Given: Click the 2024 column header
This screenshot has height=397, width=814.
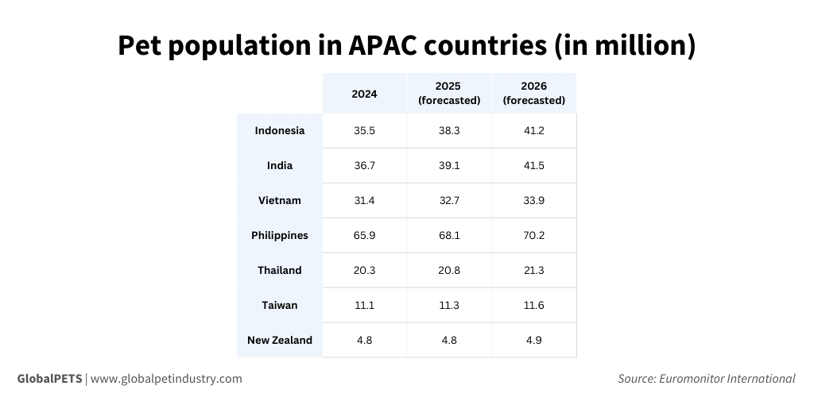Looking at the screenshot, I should coord(364,94).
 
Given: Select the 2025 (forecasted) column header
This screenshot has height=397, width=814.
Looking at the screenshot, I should coord(449,93).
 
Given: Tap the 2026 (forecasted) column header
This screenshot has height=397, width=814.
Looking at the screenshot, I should coord(533,93).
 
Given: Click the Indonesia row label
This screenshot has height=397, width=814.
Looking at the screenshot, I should coord(279,130).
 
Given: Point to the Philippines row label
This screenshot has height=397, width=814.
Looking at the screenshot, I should coord(279,235).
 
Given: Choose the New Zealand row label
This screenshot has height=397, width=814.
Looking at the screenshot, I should coord(279,340).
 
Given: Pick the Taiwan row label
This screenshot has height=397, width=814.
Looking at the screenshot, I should coord(279,305).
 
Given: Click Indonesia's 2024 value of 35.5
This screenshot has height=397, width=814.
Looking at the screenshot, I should coord(364,130).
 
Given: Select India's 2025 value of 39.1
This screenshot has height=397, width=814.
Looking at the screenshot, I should coord(449,165).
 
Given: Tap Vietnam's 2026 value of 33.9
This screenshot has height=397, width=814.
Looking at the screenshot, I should coord(533,200).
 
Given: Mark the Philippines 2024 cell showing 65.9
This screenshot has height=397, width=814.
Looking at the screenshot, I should coord(364,235).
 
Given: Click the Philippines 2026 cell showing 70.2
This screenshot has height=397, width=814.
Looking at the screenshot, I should coord(533,235).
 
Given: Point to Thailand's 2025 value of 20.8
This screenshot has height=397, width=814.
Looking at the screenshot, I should coord(449,270).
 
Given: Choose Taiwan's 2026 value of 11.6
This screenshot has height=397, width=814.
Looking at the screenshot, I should coord(533,305).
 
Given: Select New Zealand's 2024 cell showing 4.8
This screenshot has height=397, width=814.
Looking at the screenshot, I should coord(364,340).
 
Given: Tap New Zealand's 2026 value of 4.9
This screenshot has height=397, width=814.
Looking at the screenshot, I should coord(533,340).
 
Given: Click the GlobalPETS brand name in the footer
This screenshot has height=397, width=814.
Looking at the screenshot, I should coord(49,379).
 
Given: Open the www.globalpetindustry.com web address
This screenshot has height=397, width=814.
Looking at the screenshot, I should coord(166,379).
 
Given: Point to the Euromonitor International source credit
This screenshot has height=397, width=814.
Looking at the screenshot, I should coord(727,379).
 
